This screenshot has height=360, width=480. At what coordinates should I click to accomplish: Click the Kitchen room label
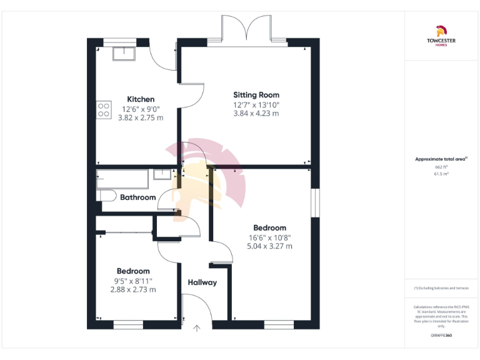tap(141, 99)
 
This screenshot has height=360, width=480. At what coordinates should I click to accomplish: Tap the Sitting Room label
tap(256, 95)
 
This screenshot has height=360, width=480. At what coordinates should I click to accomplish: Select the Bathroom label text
tap(137, 197)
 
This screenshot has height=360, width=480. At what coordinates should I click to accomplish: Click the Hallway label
tap(202, 282)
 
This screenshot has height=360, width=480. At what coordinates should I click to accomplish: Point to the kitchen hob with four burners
tap(104, 111)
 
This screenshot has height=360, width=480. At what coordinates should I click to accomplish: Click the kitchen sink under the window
tap(123, 54)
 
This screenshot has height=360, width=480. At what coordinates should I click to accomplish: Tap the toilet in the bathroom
tap(106, 196)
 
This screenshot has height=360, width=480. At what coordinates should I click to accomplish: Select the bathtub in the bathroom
tap(122, 179)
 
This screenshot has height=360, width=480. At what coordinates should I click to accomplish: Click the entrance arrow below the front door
tap(198, 327)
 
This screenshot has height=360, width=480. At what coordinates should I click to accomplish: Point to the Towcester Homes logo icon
tap(441, 29)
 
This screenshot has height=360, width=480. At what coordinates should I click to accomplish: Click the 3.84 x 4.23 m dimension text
tap(256, 114)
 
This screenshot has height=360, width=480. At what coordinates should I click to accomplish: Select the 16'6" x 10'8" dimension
tap(269, 237)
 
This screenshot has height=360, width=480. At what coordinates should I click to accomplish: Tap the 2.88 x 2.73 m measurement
tap(133, 290)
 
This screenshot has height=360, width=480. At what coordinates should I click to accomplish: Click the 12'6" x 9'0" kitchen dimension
tap(140, 109)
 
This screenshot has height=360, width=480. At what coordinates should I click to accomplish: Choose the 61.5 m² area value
tap(441, 174)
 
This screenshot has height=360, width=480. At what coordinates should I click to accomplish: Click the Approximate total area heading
tap(441, 159)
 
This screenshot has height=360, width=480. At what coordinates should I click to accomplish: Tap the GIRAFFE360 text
tap(441, 336)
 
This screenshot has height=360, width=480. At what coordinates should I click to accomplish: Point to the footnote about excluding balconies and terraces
tap(441, 288)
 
